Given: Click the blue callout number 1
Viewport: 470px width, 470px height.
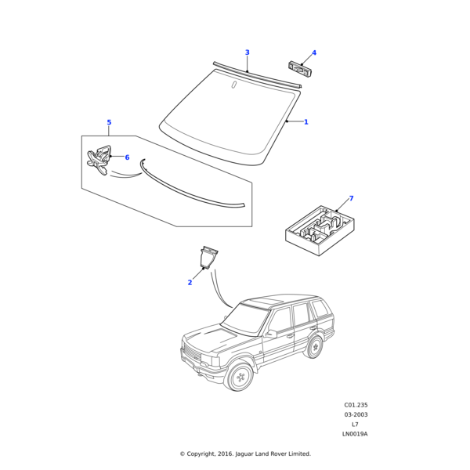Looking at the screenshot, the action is [x=306, y=122].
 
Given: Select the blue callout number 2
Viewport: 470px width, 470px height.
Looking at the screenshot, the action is [x=190, y=282].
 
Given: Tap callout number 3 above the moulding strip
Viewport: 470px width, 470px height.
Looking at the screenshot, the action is [x=248, y=52].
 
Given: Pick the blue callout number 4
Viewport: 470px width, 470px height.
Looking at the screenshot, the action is [x=314, y=52].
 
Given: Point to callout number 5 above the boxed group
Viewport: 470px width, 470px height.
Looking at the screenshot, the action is [x=109, y=122].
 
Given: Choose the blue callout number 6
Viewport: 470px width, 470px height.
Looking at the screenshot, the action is [x=127, y=157].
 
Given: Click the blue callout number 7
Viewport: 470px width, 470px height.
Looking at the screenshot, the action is [x=351, y=198].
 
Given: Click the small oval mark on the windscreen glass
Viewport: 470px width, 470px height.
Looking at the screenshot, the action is [x=233, y=85].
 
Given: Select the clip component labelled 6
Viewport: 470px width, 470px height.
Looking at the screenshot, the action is [x=99, y=160].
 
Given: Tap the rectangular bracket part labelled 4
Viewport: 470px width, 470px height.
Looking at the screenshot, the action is [x=300, y=69].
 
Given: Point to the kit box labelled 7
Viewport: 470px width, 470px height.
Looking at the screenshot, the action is [x=320, y=230].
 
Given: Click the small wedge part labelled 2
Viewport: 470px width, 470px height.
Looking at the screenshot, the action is [x=208, y=258].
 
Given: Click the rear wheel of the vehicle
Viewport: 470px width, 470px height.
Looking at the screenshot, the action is [x=314, y=347].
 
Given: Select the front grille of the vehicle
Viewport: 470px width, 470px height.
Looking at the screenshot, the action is [x=192, y=353].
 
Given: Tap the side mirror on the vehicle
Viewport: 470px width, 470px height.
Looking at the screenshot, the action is [x=271, y=334].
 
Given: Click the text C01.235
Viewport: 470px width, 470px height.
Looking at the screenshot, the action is [x=356, y=405].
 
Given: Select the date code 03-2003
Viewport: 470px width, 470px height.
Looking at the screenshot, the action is [x=356, y=414].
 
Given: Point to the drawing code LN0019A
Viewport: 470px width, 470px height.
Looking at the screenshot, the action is [x=355, y=434].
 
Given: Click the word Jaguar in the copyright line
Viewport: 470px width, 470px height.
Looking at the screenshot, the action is [x=244, y=454].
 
